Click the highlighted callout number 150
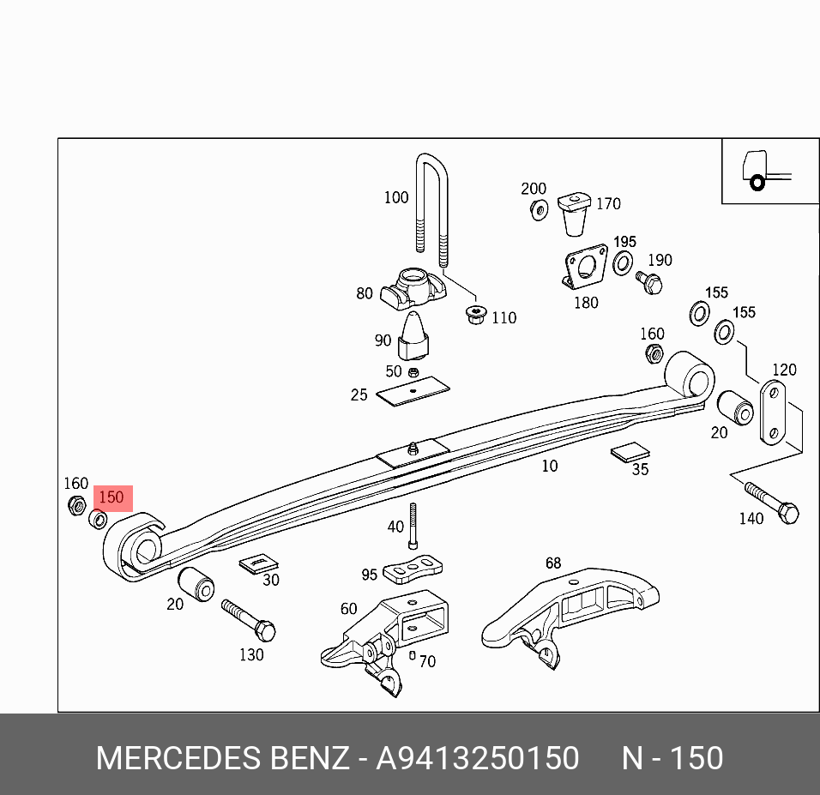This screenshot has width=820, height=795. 112,497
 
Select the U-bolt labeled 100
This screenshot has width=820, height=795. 431,206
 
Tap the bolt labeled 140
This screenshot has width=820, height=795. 772,504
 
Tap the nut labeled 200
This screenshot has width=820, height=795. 538,208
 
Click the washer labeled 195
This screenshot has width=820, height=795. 624,261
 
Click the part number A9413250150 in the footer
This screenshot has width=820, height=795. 478,758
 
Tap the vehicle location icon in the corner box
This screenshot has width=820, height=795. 757,172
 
